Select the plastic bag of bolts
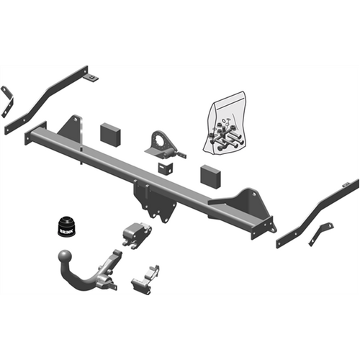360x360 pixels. (225, 127)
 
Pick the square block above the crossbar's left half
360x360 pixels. (111, 134)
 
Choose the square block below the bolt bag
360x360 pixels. (210, 175)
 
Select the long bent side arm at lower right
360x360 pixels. (317, 212)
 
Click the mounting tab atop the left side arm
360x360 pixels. (92, 76)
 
